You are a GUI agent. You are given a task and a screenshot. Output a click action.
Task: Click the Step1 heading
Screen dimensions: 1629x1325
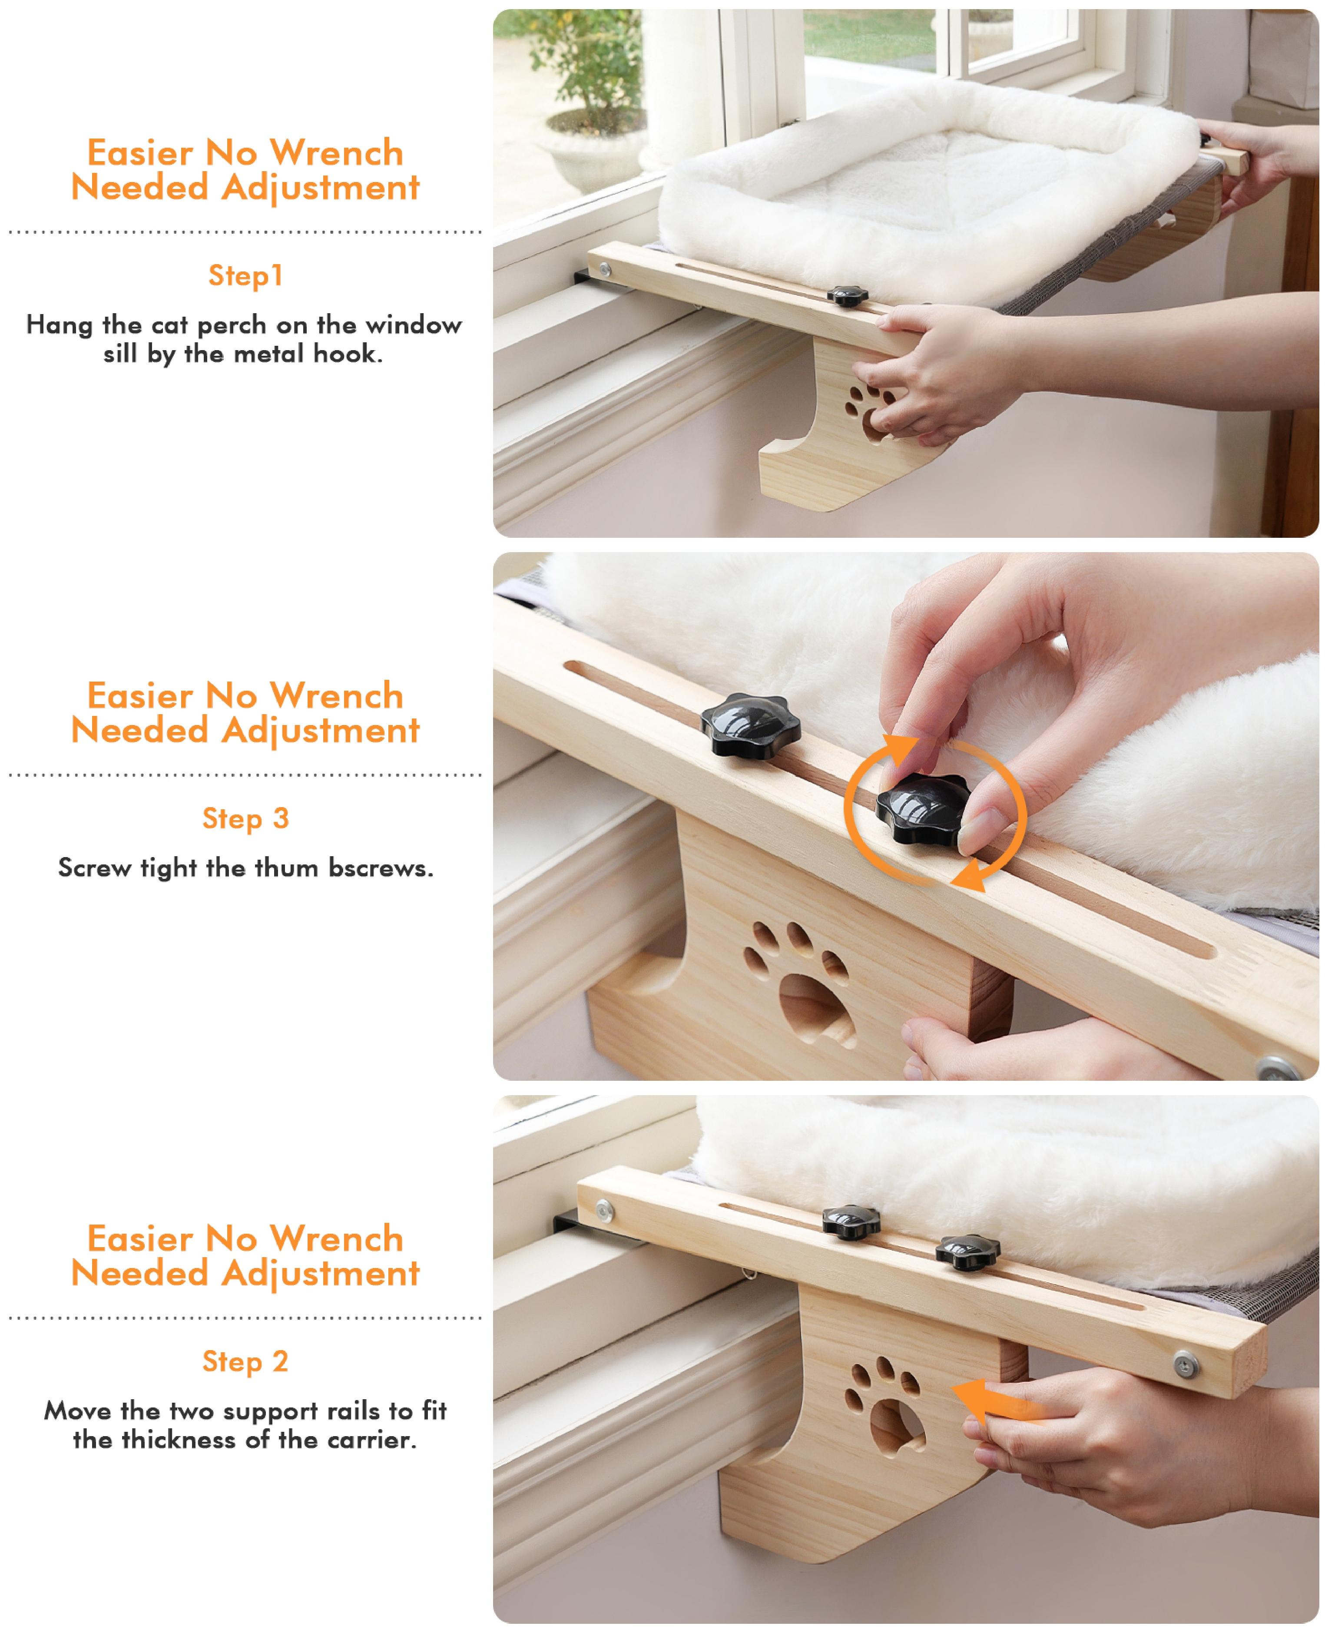(x=245, y=275)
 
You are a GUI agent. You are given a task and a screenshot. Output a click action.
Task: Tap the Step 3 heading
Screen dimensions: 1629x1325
(x=245, y=819)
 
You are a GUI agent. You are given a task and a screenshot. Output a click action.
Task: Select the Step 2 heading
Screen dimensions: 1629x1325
(x=245, y=1361)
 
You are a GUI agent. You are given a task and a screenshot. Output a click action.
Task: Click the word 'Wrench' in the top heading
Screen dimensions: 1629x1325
(x=337, y=153)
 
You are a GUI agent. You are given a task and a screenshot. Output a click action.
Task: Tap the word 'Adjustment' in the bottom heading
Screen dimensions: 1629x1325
(x=321, y=1273)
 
